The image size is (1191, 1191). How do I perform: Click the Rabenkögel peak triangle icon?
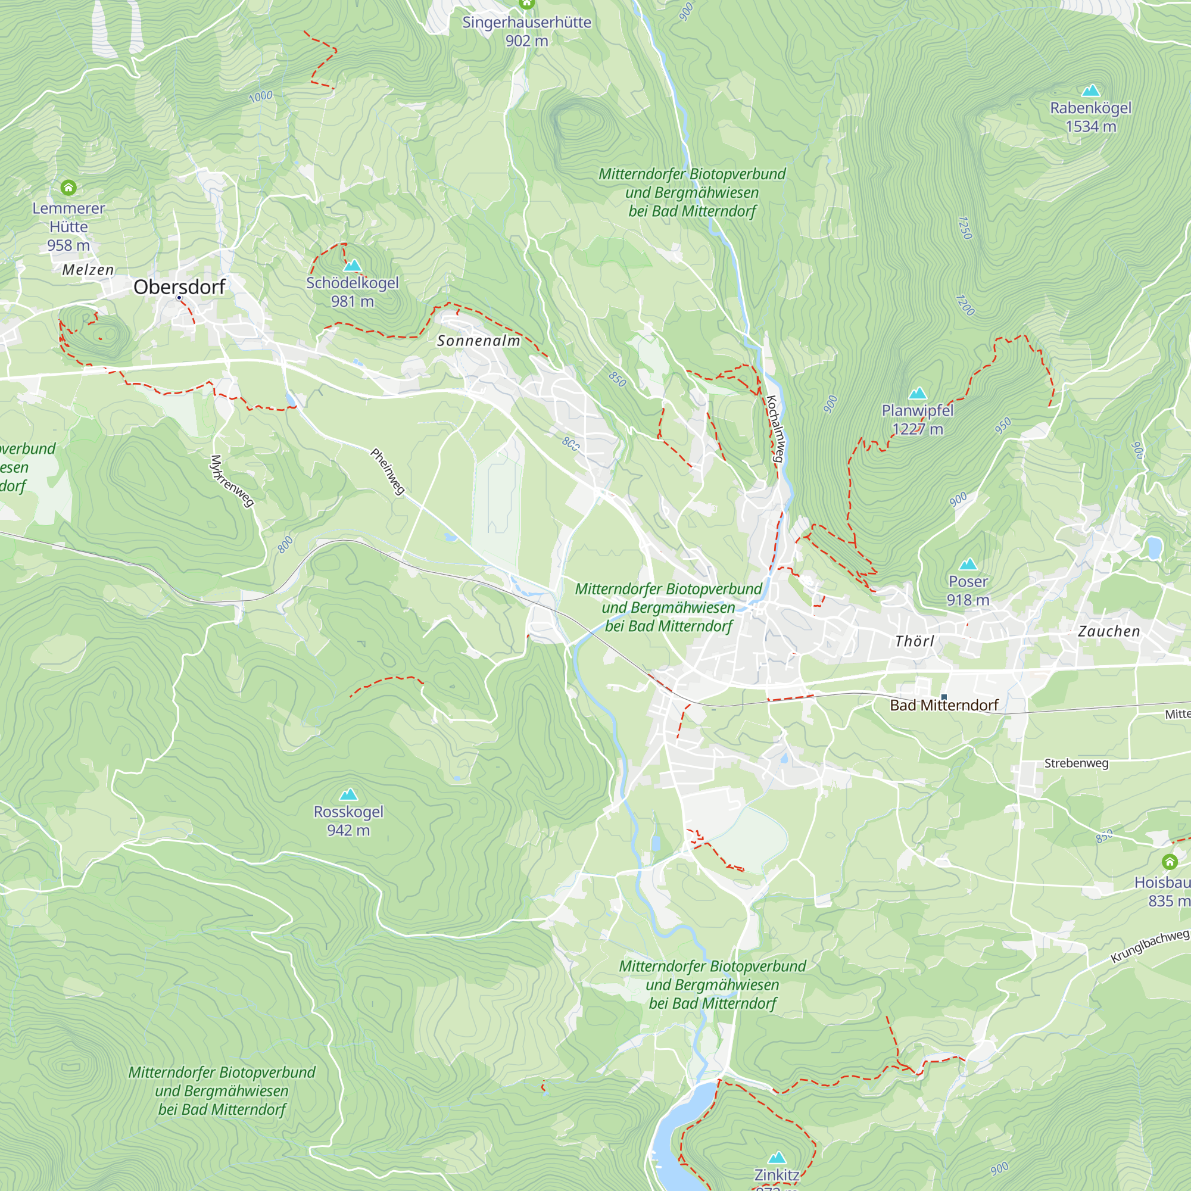point(1090,91)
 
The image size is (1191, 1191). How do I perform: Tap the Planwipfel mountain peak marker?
point(917,393)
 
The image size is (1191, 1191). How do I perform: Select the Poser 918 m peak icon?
point(968,564)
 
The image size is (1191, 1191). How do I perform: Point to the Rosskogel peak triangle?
point(348,794)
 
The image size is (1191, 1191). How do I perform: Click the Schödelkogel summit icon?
point(352,266)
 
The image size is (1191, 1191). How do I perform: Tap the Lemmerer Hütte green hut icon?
point(68,187)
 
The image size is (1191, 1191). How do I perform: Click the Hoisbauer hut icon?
point(1170,861)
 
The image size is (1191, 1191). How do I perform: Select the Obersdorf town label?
point(179,286)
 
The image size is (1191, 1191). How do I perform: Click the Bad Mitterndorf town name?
point(944,705)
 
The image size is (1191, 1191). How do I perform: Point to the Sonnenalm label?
point(478,341)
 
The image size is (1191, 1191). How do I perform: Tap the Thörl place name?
point(915,641)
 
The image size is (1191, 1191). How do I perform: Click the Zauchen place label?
point(1109,631)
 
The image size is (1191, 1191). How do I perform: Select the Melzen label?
point(88,270)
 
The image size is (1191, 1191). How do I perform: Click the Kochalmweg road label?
point(775,429)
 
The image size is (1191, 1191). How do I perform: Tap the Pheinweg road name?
point(388,472)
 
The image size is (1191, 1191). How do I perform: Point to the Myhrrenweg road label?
point(232,481)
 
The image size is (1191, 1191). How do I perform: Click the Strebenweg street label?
point(1075,763)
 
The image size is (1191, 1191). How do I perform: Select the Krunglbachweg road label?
point(1149,946)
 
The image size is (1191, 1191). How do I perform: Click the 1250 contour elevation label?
point(965,228)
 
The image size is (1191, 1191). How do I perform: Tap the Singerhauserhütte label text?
point(526,23)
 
